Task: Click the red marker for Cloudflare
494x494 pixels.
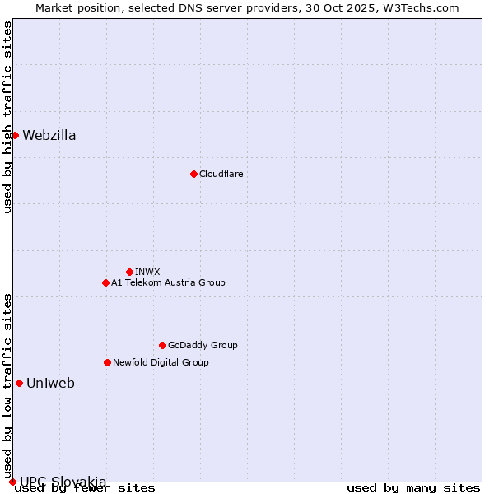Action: point(193,174)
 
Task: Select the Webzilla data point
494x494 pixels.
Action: point(15,135)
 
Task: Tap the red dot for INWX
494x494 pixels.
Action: point(129,272)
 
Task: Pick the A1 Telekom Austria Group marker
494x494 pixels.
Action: point(105,282)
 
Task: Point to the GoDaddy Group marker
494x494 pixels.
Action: point(162,345)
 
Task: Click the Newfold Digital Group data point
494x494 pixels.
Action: point(107,362)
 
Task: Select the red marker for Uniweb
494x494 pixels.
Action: point(19,383)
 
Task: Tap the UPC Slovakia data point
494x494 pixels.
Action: point(12,482)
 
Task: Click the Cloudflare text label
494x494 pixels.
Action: point(221,174)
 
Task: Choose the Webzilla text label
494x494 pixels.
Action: point(49,136)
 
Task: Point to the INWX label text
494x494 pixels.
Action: point(147,272)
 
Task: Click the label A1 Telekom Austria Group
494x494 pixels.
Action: point(168,282)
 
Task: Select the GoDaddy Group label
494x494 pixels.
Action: point(203,345)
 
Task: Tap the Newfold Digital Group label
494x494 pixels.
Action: point(161,362)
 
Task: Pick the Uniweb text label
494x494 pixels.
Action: point(51,383)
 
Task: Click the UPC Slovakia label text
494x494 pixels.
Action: point(63,482)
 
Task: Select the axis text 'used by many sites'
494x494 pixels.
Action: point(412,488)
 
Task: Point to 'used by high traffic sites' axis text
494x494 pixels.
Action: point(7,118)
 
